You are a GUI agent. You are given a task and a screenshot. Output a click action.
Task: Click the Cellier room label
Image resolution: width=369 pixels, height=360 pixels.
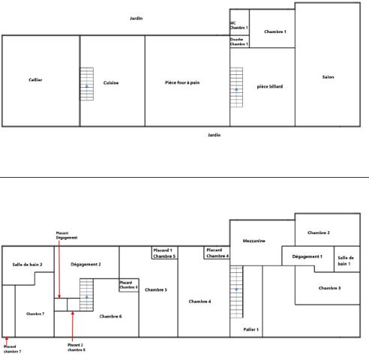click(x=35, y=80)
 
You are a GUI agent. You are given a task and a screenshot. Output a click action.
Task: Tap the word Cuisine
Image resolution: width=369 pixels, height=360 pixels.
click(x=111, y=83)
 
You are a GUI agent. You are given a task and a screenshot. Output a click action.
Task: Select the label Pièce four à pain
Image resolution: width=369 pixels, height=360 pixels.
click(x=182, y=83)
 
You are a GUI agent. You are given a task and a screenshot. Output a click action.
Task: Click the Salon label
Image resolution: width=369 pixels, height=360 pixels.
click(x=328, y=76)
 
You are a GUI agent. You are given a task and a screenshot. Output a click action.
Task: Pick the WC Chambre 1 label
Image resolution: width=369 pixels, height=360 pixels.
click(x=238, y=25)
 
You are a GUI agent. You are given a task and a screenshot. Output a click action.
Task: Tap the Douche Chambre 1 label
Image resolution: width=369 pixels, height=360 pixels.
click(x=238, y=42)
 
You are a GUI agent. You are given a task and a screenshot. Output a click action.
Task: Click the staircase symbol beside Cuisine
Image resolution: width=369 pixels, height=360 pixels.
click(x=87, y=84)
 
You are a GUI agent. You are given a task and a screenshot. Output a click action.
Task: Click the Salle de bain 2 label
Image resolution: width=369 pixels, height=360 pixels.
click(x=28, y=265)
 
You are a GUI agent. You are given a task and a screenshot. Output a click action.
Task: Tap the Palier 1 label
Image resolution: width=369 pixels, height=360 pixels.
click(x=250, y=329)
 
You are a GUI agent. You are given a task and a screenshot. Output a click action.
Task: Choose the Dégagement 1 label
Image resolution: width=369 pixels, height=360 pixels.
click(x=307, y=256)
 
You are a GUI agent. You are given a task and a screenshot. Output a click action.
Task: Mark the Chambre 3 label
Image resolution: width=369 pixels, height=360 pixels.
click(x=329, y=288)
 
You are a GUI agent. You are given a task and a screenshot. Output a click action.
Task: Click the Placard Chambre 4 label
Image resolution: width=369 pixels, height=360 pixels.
click(x=217, y=253)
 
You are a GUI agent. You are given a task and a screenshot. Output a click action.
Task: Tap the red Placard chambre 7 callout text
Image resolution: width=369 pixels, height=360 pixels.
click(x=11, y=349)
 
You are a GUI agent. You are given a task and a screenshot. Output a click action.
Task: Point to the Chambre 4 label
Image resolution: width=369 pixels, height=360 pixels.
click(x=199, y=301)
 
